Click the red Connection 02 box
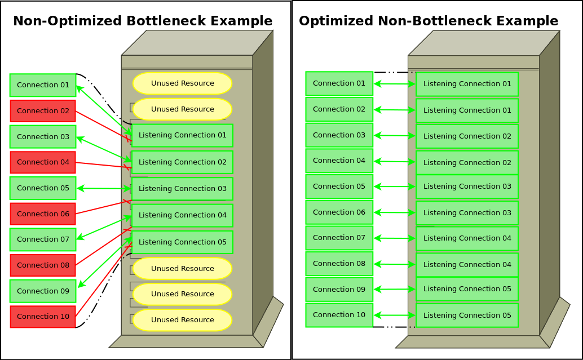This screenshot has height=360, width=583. click(43, 111)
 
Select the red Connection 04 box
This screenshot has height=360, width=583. click(43, 162)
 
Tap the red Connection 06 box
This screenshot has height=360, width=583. click(43, 214)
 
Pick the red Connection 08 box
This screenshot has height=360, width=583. click(43, 265)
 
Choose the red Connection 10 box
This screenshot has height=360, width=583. click(43, 317)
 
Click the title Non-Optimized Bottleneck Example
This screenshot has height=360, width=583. click(143, 21)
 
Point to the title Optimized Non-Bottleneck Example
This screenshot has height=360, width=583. click(429, 21)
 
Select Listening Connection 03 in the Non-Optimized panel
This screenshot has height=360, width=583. click(182, 189)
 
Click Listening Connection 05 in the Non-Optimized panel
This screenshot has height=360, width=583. click(182, 242)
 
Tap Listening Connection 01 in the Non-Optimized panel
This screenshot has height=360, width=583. click(182, 135)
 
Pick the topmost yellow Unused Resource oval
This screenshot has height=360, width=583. click(182, 83)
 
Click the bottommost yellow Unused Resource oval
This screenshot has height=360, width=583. click(182, 320)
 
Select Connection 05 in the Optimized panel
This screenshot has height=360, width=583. click(339, 186)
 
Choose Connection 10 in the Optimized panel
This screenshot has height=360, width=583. click(339, 315)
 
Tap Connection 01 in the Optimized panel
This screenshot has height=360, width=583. click(339, 83)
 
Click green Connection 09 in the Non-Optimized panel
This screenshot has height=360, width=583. click(43, 291)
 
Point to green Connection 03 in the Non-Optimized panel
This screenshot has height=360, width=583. click(43, 137)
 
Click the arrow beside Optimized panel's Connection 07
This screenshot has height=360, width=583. click(395, 238)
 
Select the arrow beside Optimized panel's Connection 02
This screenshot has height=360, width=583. click(395, 110)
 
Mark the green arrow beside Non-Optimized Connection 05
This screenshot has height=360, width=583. click(104, 188)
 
